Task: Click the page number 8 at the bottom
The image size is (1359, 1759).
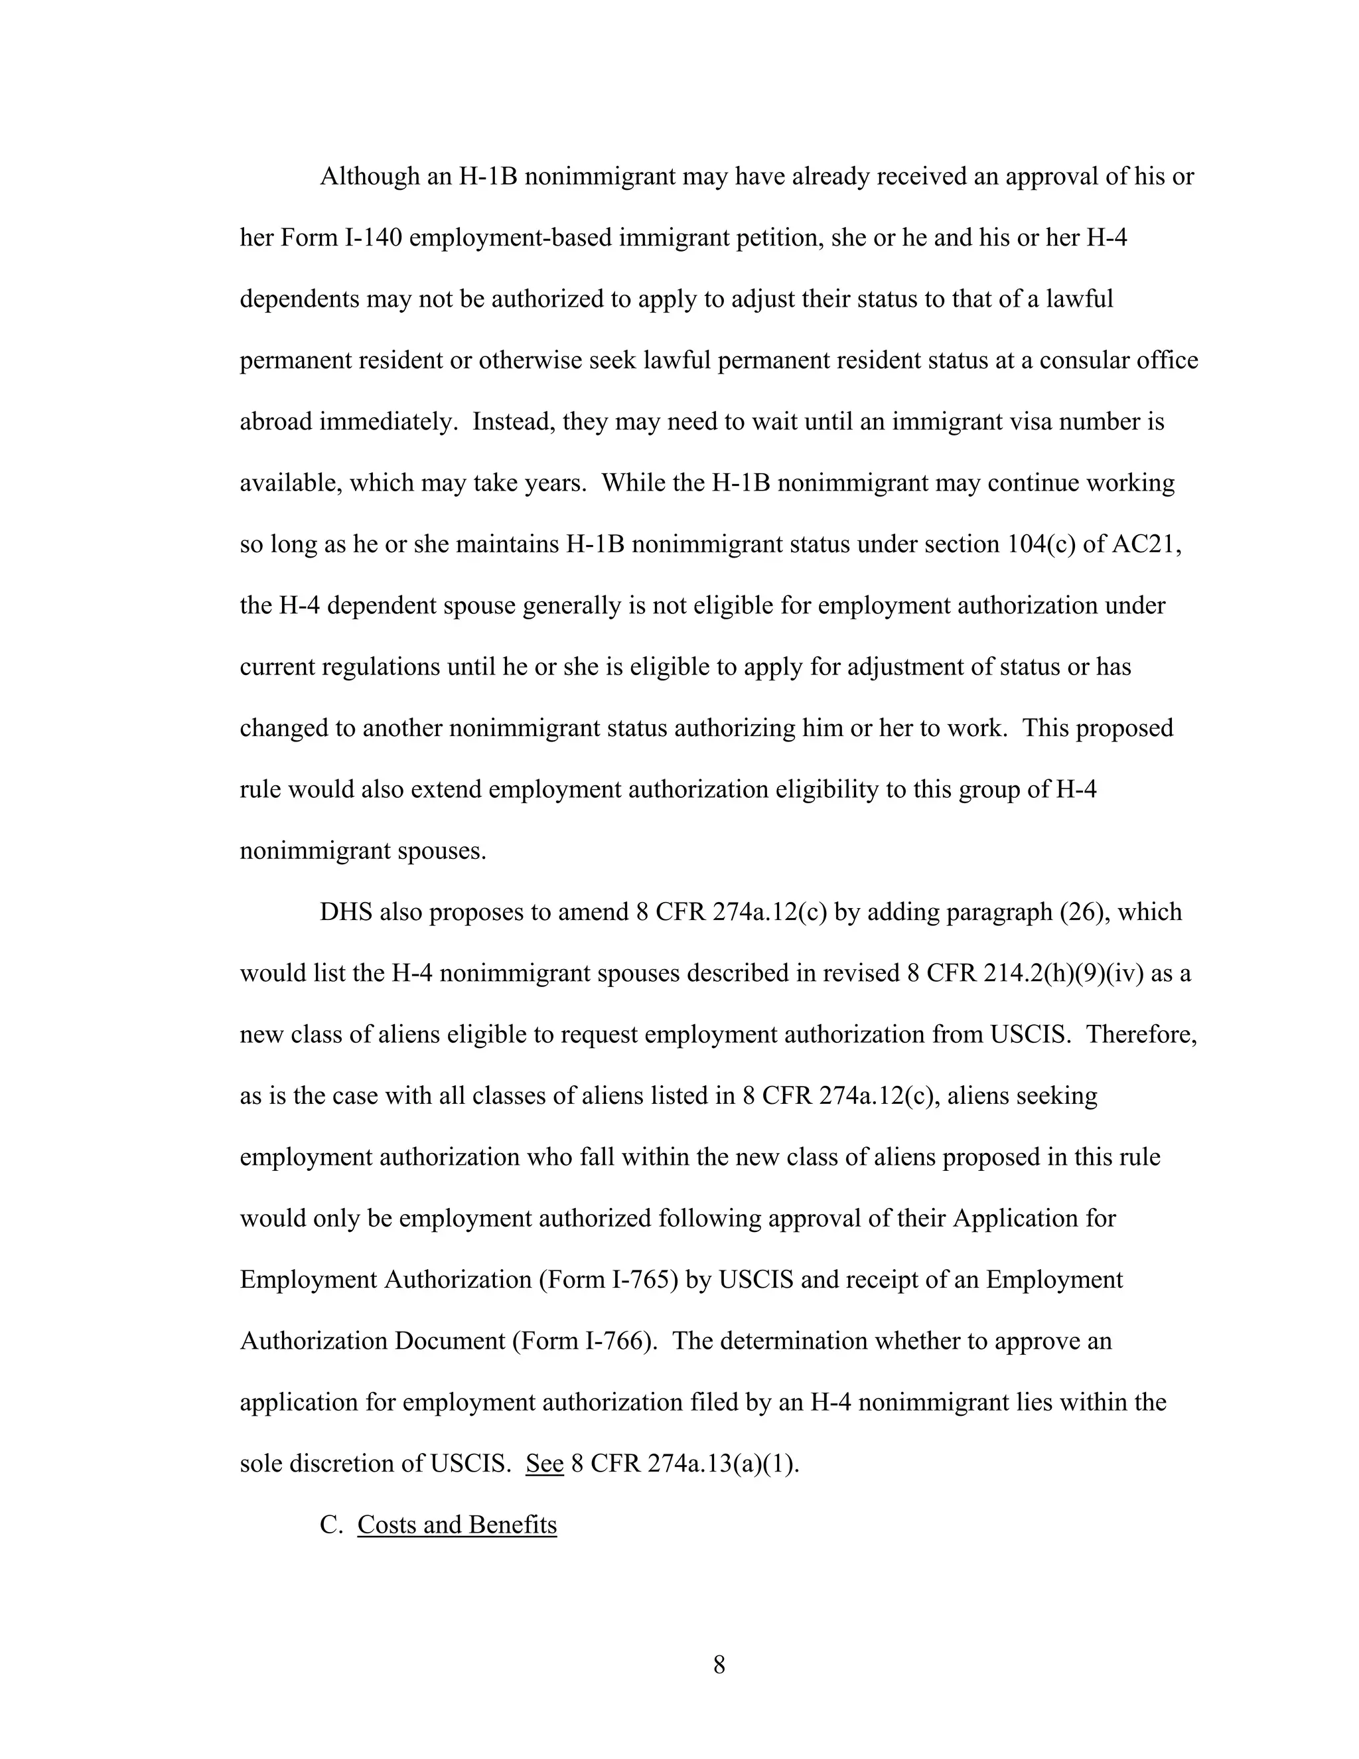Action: click(x=719, y=1665)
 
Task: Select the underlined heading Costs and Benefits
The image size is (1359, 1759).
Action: click(x=457, y=1525)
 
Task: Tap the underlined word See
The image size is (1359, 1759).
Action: click(x=544, y=1464)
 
